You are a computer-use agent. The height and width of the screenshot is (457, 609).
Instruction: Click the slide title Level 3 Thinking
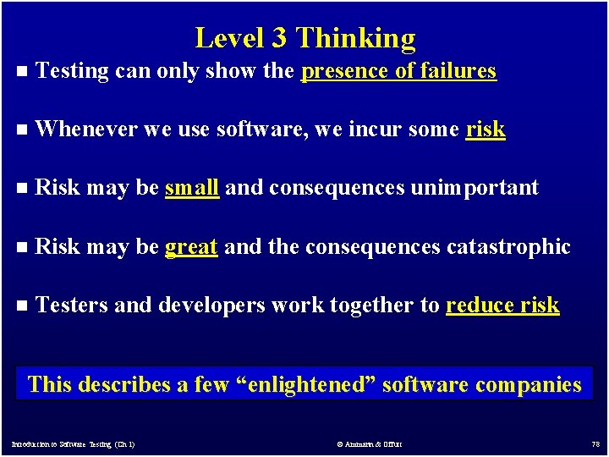[x=305, y=38]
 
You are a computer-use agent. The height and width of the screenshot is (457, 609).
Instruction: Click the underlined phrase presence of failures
[x=399, y=71]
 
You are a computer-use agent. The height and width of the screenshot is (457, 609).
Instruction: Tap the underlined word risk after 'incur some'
[x=486, y=129]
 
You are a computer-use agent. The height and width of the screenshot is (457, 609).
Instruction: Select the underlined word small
[x=192, y=187]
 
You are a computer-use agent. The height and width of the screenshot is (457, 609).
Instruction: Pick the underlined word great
[x=192, y=246]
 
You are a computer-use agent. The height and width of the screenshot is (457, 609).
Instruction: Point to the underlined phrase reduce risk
[x=502, y=305]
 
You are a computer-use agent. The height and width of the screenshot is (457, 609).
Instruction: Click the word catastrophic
[x=508, y=246]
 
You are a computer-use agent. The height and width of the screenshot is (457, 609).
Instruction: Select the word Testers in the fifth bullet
[x=71, y=305]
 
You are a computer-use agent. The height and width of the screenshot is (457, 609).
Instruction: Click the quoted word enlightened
[x=306, y=385]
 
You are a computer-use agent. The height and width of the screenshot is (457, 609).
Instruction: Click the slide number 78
[x=595, y=443]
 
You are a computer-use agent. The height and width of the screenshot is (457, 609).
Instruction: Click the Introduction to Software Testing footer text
[x=74, y=443]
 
